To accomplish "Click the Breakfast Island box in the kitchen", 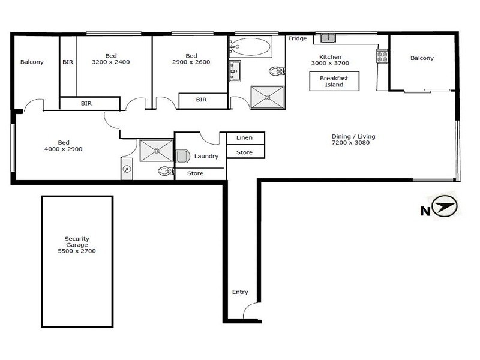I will pos(334,82).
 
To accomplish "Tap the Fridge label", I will pos(298,39).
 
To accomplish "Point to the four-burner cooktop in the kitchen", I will pos(382,56).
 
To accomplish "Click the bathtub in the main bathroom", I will pos(250,46).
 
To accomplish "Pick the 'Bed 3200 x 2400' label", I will pos(110,59).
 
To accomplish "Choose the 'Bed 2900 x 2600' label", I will pos(191,59).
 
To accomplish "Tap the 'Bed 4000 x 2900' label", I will pos(63,145).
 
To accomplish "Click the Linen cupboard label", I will pos(244,138).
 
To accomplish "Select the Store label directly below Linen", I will pos(244,152).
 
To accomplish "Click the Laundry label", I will pos(206,156).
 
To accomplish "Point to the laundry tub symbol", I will pos(183,156).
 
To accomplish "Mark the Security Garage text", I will pos(76,245).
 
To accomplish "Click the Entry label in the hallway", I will pos(240,292).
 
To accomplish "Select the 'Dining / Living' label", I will pos(353,140).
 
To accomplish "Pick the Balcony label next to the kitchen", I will pos(422,58).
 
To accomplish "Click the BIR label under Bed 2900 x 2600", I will pos(202,100).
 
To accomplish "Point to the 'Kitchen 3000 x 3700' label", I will pos(330,60).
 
